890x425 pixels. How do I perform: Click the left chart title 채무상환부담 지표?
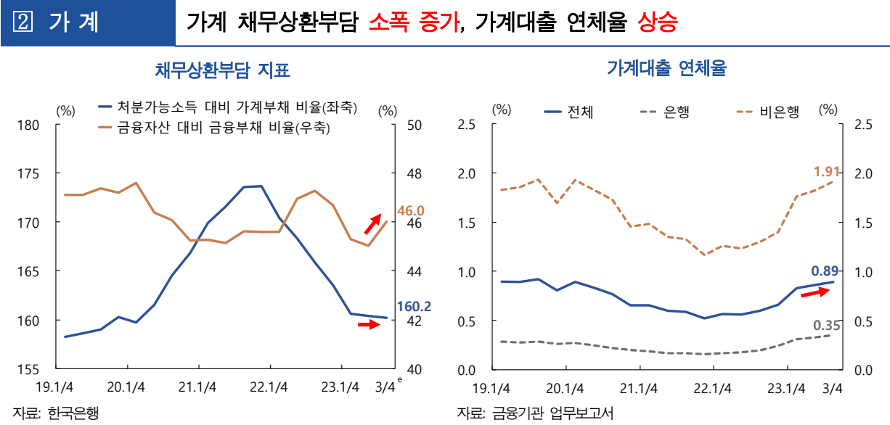222,70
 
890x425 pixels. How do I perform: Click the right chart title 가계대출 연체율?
666,69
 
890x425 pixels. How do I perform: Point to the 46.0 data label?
410,210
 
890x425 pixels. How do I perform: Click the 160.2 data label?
414,307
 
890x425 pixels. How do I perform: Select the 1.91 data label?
827,172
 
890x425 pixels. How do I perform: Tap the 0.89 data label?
825,271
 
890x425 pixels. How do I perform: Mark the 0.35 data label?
826,326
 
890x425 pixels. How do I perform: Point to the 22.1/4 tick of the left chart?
269,387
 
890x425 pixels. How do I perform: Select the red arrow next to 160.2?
369,324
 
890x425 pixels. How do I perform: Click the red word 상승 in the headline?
657,23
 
